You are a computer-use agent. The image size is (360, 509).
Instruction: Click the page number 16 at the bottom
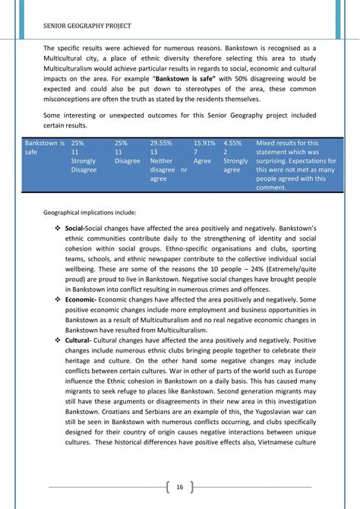click(179, 487)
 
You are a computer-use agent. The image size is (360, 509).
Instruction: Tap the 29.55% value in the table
click(161, 142)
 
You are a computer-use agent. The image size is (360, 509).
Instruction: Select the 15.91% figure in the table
click(204, 142)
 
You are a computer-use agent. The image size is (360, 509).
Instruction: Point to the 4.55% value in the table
click(233, 142)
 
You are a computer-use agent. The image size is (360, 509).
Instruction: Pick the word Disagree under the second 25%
click(128, 161)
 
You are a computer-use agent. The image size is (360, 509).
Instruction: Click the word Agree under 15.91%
click(203, 161)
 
